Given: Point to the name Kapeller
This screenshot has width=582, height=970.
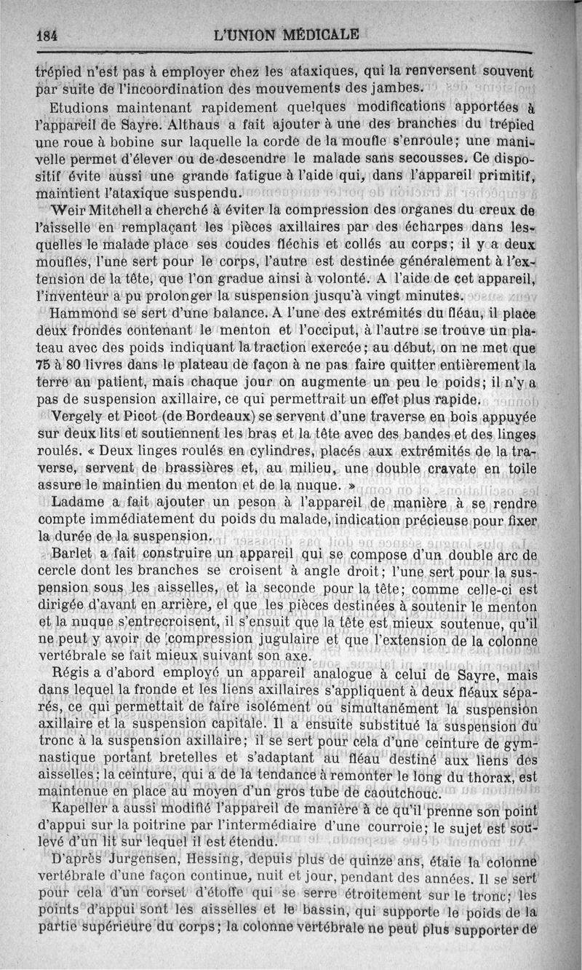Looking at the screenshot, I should pos(81,810).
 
